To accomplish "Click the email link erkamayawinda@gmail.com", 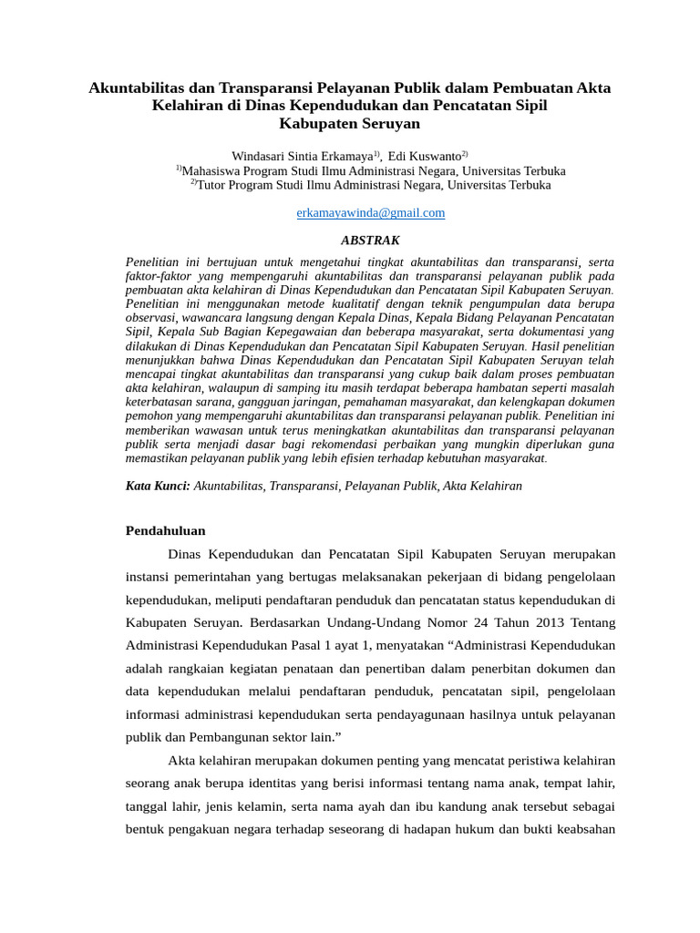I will [371, 213].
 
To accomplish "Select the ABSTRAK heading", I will [370, 241].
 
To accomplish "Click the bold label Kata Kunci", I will [157, 487].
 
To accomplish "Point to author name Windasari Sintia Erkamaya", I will [302, 157].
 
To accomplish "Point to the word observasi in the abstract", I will [152, 318].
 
